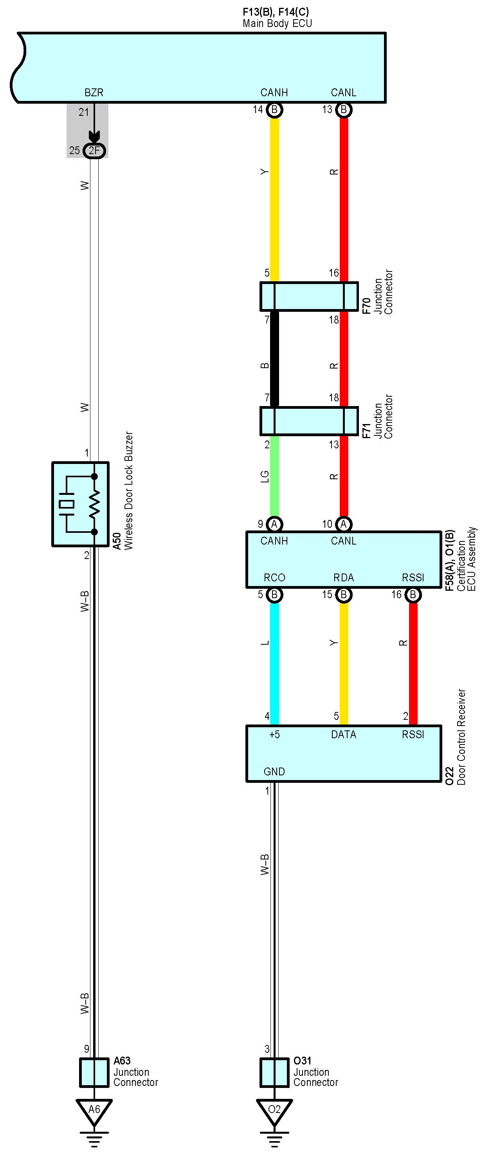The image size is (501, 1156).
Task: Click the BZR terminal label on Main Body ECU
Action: point(94,92)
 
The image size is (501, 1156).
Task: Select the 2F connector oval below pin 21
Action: point(94,150)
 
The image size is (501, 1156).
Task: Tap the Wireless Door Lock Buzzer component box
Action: point(80,504)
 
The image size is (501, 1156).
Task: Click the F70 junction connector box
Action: point(309,296)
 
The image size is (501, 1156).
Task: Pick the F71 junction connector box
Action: point(309,421)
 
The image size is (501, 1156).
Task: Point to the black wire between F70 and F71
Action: point(274,359)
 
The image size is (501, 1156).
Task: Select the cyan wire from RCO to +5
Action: point(274,660)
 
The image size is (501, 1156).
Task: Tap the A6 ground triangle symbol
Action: point(94,1110)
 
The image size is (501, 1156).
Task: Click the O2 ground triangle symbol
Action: point(274,1110)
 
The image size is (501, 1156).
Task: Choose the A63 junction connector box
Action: point(94,1073)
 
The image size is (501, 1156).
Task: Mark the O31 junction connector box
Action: point(274,1073)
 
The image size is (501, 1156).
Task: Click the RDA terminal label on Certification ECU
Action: point(343,577)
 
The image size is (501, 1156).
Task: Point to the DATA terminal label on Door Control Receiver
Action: point(343,735)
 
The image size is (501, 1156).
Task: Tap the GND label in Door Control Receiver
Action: point(274,771)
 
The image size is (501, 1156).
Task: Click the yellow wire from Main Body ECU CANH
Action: point(274,198)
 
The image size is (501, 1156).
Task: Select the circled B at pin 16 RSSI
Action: point(413,595)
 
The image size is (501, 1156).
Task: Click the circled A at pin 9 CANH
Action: point(274,524)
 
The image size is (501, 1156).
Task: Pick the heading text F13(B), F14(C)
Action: point(276,12)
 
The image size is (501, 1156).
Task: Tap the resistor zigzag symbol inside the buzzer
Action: point(94,504)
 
